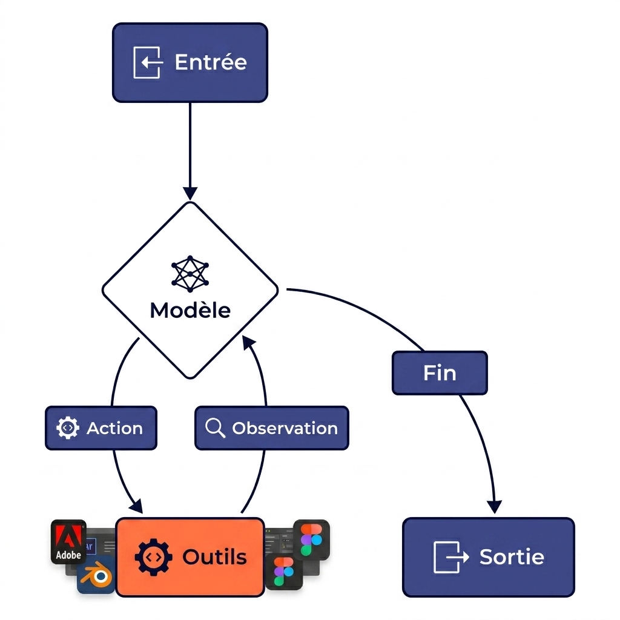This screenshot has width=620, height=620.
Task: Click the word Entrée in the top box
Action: pyautogui.click(x=210, y=62)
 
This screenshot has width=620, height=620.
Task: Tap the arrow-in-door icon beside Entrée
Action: pyautogui.click(x=148, y=62)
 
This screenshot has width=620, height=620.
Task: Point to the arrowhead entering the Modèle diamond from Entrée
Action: pyautogui.click(x=190, y=193)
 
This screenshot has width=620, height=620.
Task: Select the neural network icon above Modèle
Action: pyautogui.click(x=190, y=273)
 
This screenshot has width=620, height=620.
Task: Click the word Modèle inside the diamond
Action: pyautogui.click(x=190, y=311)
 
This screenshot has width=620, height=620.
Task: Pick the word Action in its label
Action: pyautogui.click(x=114, y=428)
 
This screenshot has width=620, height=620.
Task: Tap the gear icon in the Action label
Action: pyautogui.click(x=67, y=428)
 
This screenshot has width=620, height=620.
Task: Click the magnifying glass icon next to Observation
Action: pyautogui.click(x=215, y=428)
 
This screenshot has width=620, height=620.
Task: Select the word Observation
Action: pyautogui.click(x=285, y=428)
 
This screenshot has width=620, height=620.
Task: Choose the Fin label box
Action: pyautogui.click(x=440, y=373)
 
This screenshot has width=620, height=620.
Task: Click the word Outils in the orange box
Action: pyautogui.click(x=214, y=557)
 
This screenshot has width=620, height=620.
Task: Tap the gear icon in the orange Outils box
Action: pyautogui.click(x=149, y=557)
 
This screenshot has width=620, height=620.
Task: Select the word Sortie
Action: pyautogui.click(x=512, y=557)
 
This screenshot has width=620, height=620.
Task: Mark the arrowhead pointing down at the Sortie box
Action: pyautogui.click(x=495, y=506)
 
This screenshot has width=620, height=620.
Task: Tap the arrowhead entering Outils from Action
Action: pyautogui.click(x=136, y=506)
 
